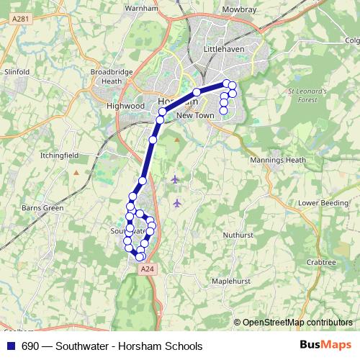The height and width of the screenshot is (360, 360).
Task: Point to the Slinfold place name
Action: point(17,72)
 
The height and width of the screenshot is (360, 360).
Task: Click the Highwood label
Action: point(125,105)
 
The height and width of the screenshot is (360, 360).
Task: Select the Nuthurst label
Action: point(238,235)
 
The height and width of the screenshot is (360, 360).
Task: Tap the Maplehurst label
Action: point(231,282)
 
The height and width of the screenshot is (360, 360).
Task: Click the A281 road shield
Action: point(21,24)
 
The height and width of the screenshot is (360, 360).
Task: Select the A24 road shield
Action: point(147,269)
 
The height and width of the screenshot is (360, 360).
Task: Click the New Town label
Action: point(195,115)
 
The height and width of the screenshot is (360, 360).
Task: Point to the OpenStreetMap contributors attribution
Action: point(297,323)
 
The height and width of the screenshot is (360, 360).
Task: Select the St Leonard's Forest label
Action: point(307,96)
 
